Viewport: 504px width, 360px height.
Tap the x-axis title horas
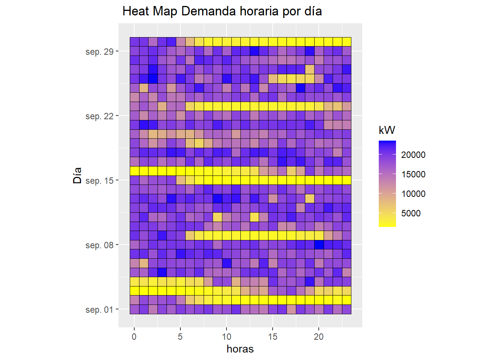(x=240, y=349)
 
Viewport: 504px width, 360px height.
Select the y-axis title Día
(x=77, y=175)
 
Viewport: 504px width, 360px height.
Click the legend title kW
(x=387, y=130)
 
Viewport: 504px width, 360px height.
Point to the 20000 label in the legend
(x=413, y=155)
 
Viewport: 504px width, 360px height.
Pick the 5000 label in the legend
(x=411, y=213)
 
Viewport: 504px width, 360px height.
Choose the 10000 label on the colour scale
(x=413, y=194)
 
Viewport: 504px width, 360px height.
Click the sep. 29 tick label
(x=99, y=51)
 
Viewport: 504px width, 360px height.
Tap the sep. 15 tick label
(x=99, y=180)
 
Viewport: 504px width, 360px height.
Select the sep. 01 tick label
(x=99, y=310)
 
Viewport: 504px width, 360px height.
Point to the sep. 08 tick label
(x=99, y=245)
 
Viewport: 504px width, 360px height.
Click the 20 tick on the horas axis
(x=319, y=337)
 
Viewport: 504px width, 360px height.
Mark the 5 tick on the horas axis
(x=180, y=337)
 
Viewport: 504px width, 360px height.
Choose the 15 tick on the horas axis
(x=273, y=337)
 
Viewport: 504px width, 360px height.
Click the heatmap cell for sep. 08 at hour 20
(x=319, y=245)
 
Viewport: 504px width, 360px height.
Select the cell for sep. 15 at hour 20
(x=319, y=180)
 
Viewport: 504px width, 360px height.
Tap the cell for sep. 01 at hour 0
(x=134, y=309)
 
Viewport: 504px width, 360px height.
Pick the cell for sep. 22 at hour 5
(x=180, y=116)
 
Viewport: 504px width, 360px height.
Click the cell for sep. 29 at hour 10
(x=226, y=51)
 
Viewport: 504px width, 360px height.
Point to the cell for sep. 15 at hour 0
(x=134, y=180)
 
